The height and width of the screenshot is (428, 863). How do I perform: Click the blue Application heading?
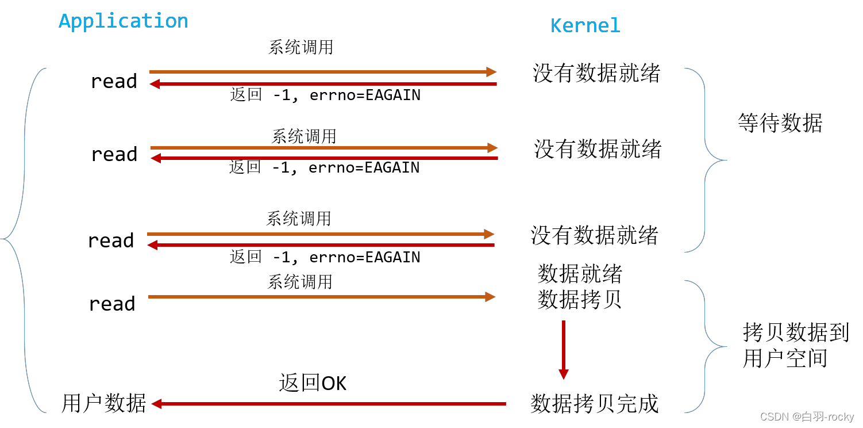coord(123,21)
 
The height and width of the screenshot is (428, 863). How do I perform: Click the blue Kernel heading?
coord(585,26)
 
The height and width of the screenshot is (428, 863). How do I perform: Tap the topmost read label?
coord(114,81)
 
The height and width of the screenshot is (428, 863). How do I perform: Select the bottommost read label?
coord(112,303)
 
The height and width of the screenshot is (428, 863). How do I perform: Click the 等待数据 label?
coord(780,123)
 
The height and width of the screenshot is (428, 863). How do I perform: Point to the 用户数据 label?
coord(103,403)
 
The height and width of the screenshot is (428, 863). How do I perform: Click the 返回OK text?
coord(313,383)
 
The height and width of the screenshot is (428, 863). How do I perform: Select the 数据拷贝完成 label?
coord(594,403)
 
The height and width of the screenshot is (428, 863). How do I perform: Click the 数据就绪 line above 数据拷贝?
coord(580,274)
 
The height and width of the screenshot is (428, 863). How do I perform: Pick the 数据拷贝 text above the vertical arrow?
coord(580,299)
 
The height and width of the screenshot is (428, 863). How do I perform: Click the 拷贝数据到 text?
coord(795,332)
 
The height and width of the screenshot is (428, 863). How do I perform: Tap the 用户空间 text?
coord(785,358)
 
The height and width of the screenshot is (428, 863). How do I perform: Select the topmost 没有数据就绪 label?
coord(596,73)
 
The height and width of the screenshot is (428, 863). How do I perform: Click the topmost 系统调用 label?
coord(300,47)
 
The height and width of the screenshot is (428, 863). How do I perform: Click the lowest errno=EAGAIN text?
coord(364,257)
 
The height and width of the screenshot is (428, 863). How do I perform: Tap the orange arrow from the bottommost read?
coord(322,297)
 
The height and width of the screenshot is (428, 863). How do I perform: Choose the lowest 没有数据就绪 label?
coord(594,235)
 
